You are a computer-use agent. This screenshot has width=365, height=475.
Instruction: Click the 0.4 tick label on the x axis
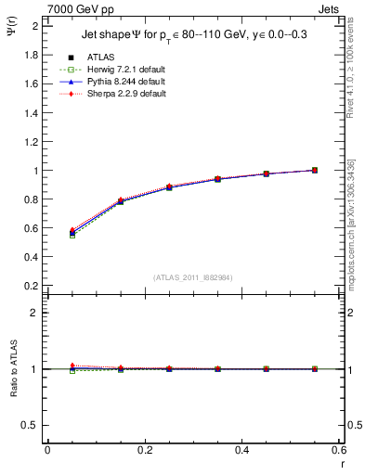click(242, 450)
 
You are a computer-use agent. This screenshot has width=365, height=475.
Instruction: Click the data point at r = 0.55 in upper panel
click(315, 170)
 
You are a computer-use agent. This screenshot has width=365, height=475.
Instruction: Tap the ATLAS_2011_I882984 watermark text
click(193, 277)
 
